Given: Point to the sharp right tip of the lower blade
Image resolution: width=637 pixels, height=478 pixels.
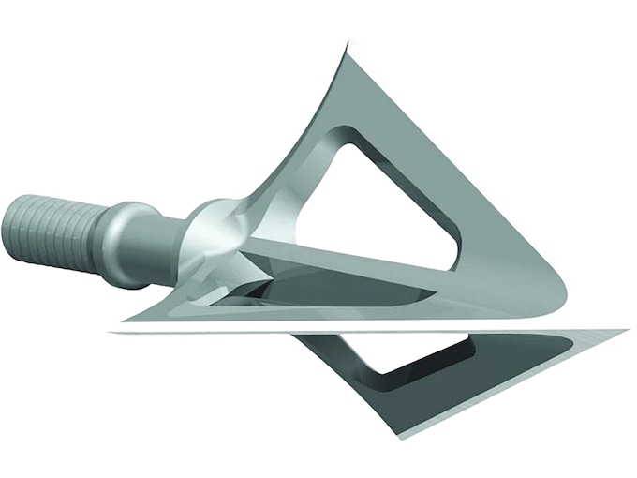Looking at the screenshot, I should (x=625, y=331).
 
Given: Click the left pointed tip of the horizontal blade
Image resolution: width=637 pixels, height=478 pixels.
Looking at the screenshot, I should (x=112, y=331).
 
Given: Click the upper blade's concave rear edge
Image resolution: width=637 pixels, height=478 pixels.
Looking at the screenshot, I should (x=300, y=131).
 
